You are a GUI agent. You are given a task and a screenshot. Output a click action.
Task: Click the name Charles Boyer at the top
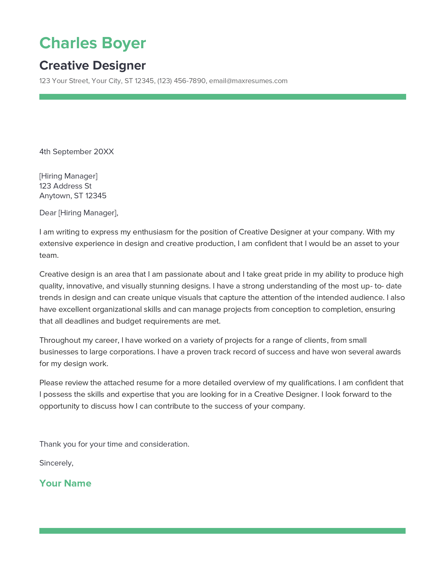coord(92,43)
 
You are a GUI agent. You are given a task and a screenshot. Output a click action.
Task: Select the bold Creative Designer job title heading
coord(92,66)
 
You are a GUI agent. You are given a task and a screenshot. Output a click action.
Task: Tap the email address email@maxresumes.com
coord(248,81)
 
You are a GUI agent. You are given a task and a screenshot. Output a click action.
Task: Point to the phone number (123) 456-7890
coord(181,81)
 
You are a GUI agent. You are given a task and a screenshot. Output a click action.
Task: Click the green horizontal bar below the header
coord(222,97)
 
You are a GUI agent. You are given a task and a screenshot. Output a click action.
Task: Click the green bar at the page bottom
coord(222,531)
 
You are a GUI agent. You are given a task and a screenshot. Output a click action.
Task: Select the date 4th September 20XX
coord(76,152)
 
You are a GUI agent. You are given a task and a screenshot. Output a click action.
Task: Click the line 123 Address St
coord(65,186)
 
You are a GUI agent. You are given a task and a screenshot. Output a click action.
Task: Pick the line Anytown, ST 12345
coord(73,196)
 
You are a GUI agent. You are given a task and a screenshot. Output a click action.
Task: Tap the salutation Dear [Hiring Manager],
coord(79,213)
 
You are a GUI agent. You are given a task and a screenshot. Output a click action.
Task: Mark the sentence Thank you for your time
coord(114,444)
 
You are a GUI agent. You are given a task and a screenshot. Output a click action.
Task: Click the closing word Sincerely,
coord(56,463)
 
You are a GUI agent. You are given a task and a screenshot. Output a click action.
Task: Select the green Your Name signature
coord(65,483)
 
